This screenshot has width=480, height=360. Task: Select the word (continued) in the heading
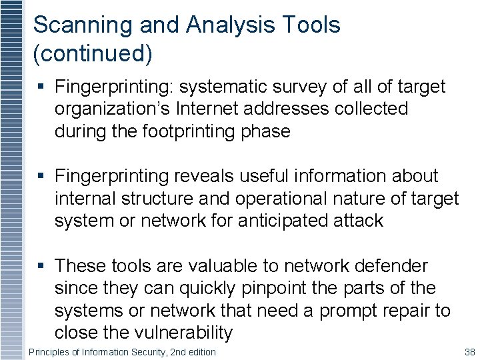coord(93,55)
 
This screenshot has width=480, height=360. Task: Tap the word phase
coord(267,131)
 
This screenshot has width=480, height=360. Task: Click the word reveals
coord(200,177)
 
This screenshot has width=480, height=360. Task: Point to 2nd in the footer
coord(172,351)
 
